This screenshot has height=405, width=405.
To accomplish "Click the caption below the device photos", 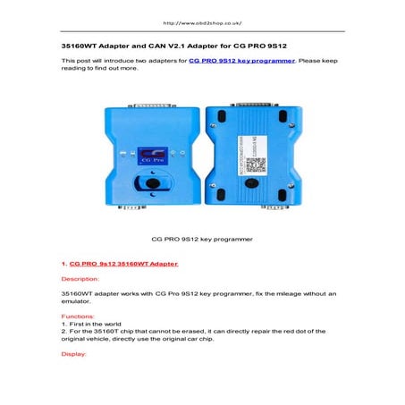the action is tap(202, 239).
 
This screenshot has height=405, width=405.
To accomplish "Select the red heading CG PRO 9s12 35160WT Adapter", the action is tap(122, 264).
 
